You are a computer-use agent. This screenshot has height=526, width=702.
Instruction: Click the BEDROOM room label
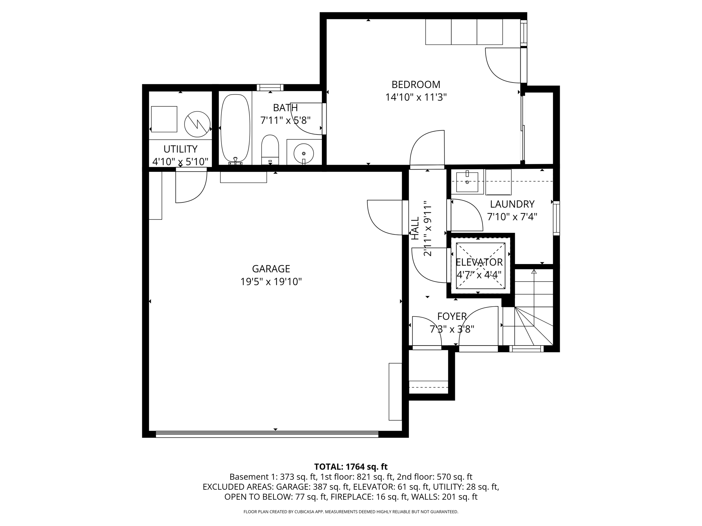pyautogui.click(x=416, y=85)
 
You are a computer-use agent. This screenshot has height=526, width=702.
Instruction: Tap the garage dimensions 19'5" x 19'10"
pyautogui.click(x=271, y=282)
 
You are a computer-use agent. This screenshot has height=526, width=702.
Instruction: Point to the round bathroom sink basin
pyautogui.click(x=304, y=153)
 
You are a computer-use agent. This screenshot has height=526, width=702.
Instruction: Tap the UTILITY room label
pyautogui.click(x=180, y=149)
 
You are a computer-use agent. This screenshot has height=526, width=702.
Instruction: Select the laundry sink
pyautogui.click(x=467, y=182)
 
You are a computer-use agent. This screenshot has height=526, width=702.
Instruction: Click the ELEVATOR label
pyautogui.click(x=479, y=262)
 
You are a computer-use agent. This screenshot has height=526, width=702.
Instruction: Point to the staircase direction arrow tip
pyautogui.click(x=534, y=271)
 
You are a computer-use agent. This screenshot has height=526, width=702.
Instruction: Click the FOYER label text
pyautogui.click(x=452, y=316)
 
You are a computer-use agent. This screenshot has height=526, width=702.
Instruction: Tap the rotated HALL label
pyautogui.click(x=415, y=228)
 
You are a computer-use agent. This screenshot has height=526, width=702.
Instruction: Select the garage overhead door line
pyautogui.click(x=267, y=434)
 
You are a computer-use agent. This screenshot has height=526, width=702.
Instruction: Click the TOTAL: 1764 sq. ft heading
pyautogui.click(x=351, y=467)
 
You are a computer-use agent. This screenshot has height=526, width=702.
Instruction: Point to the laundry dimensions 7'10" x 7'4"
pyautogui.click(x=512, y=217)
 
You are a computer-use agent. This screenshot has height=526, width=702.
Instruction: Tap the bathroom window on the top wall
pyautogui.click(x=270, y=88)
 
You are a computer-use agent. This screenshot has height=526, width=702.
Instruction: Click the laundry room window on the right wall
pyautogui.click(x=556, y=218)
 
